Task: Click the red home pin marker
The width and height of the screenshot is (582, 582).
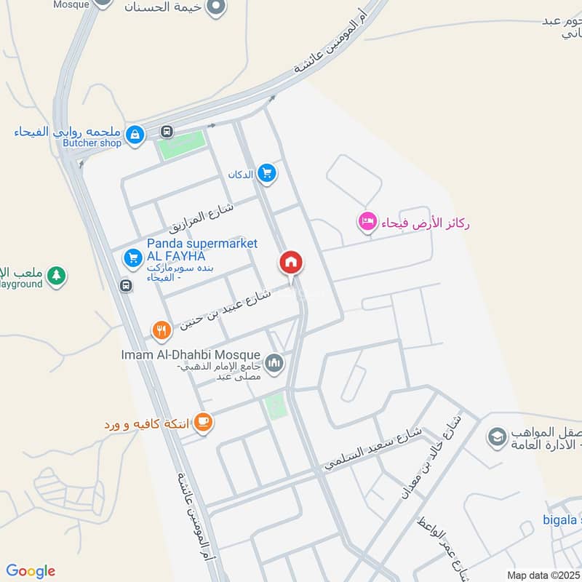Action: pos(291,263)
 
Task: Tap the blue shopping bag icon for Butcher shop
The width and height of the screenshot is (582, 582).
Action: pos(135,134)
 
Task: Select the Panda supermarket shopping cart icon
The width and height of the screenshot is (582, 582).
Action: pos(132,257)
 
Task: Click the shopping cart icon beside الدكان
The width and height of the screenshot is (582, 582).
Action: pos(267,172)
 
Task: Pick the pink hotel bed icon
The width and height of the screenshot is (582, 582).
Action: pos(367,222)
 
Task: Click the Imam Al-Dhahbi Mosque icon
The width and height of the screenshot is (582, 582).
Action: pos(274,362)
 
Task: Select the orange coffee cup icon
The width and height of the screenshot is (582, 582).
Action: pos(203,422)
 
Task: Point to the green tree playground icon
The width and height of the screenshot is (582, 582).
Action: pos(56,276)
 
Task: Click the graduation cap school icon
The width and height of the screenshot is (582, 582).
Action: pos(497,437)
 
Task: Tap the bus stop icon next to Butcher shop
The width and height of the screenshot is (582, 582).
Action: pos(167,132)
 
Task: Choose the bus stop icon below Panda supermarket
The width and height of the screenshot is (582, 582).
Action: pos(127,285)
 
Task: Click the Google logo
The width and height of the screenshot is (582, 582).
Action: pos(31,571)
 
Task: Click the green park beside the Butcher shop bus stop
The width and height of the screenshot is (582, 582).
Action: pos(183,143)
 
